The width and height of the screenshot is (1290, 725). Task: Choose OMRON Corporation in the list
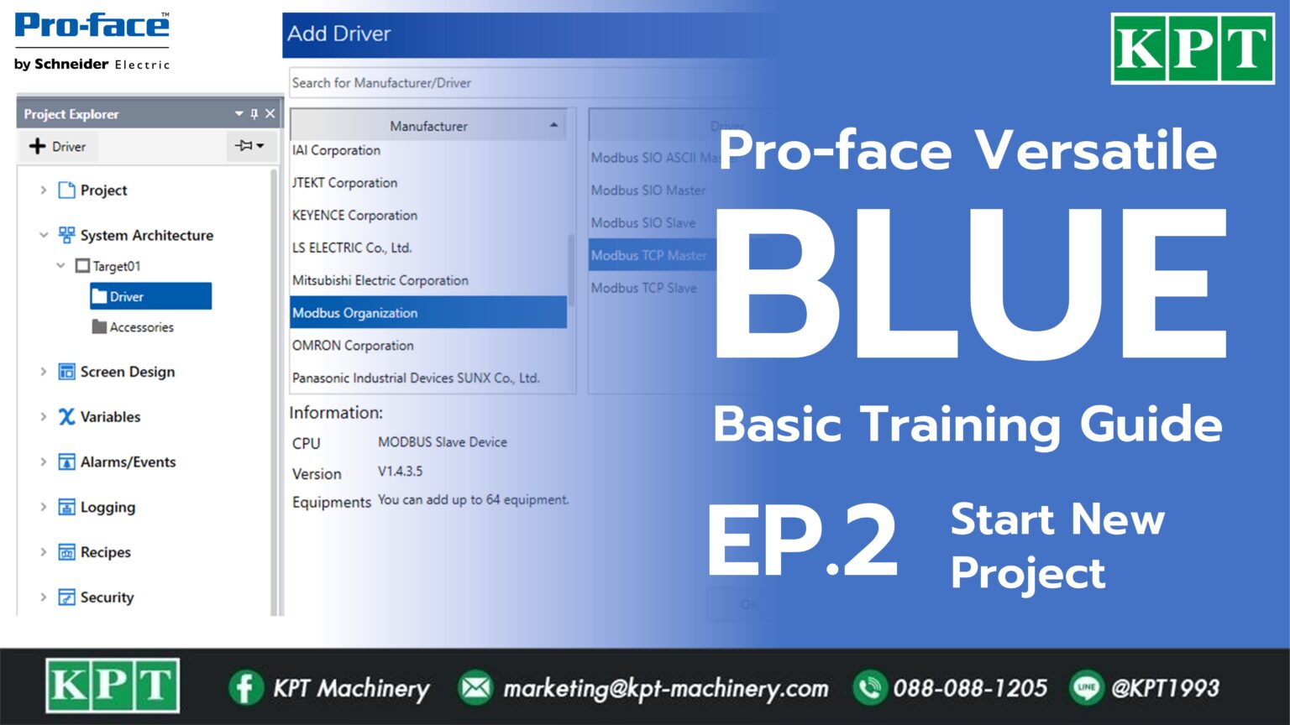(x=353, y=346)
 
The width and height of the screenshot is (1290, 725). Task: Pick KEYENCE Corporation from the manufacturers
(x=354, y=216)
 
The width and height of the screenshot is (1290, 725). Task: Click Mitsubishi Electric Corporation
(x=380, y=280)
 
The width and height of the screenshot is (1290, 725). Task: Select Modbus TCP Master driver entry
(x=648, y=255)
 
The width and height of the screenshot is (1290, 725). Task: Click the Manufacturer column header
(x=428, y=126)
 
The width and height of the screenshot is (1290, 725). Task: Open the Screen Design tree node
(x=127, y=372)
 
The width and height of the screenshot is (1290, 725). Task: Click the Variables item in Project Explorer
(x=109, y=417)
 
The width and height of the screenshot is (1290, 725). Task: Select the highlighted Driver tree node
(x=127, y=297)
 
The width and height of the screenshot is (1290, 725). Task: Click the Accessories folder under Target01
(x=141, y=327)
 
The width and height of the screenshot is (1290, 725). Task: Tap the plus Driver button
(x=58, y=147)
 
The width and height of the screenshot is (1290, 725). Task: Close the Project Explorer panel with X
(x=270, y=113)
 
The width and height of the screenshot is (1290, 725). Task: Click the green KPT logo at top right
(x=1193, y=49)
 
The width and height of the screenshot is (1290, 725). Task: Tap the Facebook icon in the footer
(x=244, y=688)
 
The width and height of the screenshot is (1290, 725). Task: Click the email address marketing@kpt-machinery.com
(x=665, y=688)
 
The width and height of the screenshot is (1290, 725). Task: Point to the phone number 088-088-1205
(x=970, y=688)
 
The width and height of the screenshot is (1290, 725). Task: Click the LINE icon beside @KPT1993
(x=1087, y=688)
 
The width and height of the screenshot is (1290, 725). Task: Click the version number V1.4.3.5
(x=400, y=472)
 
